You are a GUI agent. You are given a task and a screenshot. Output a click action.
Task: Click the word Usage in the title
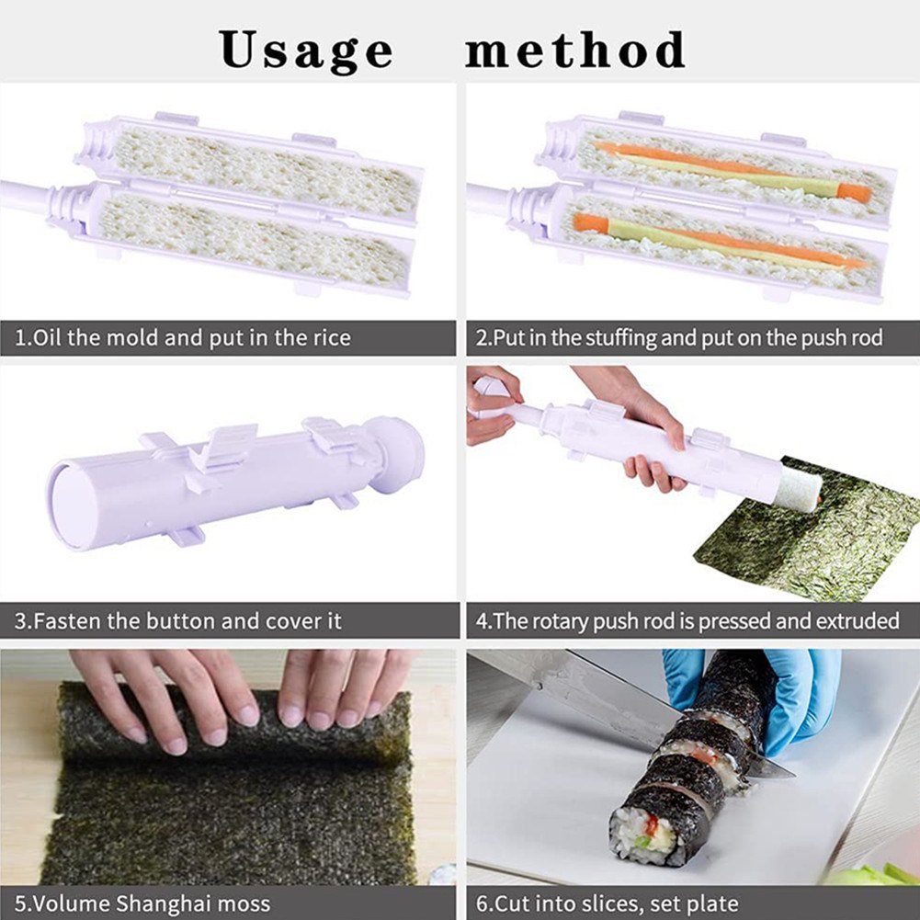(x=306, y=51)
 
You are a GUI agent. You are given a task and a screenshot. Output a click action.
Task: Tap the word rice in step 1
(x=332, y=338)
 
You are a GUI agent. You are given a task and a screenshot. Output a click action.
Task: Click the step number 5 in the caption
(x=19, y=903)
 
